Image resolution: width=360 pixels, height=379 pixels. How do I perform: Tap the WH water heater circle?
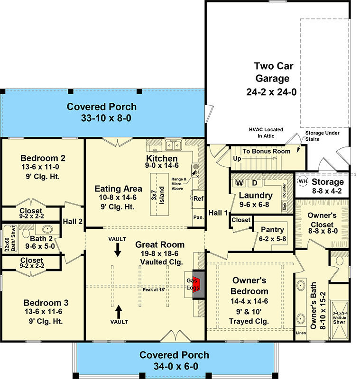303,182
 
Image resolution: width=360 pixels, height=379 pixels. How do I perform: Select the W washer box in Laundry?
240,183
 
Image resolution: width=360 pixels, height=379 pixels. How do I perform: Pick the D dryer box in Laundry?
254,183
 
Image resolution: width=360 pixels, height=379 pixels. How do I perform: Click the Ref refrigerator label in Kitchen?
199,199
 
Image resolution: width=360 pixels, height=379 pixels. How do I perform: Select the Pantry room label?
272,229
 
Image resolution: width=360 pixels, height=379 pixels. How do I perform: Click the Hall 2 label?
73,221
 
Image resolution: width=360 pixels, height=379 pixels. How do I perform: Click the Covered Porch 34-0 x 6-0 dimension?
174,366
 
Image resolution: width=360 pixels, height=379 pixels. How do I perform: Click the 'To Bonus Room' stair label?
266,152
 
